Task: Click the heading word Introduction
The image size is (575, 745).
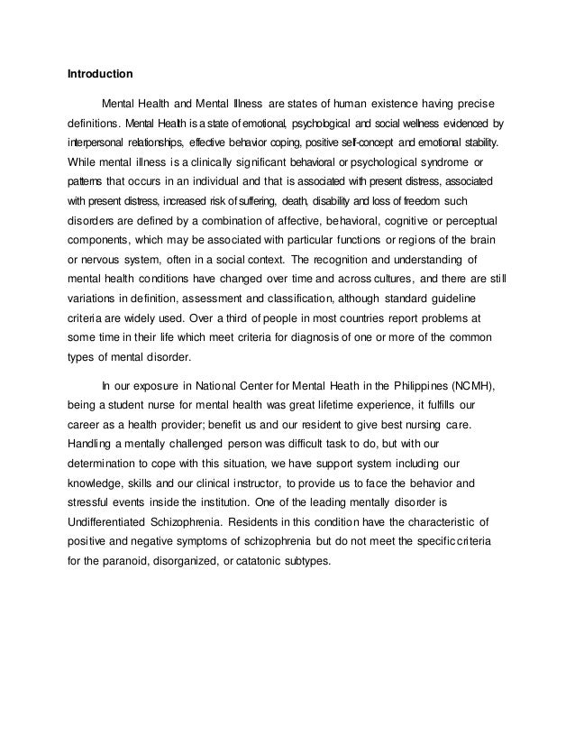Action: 101,72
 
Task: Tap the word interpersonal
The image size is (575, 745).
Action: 98,143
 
